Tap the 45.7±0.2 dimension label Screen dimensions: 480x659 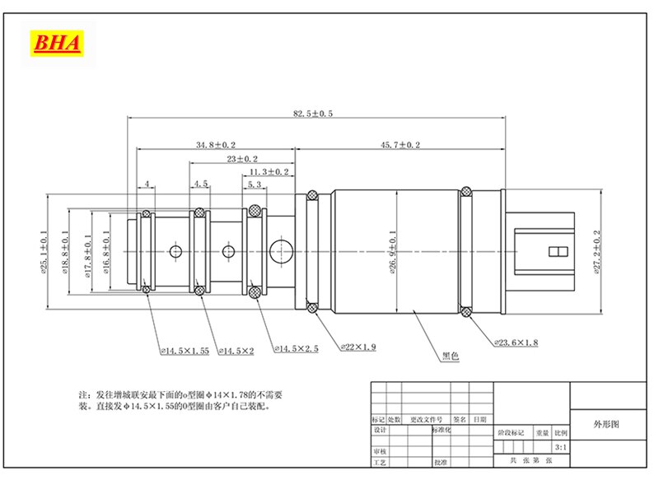[x=400, y=145]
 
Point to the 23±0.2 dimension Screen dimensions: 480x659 [x=242, y=158]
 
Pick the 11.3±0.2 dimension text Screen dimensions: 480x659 [x=269, y=171]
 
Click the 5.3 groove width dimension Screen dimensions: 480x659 [x=255, y=185]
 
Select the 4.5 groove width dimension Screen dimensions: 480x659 [x=200, y=185]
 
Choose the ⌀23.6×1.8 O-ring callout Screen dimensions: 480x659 [x=516, y=342]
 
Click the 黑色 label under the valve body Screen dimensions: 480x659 [x=450, y=357]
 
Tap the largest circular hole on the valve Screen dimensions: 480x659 [x=282, y=250]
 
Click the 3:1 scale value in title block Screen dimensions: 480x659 [x=561, y=447]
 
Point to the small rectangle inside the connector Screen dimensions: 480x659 [x=559, y=251]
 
